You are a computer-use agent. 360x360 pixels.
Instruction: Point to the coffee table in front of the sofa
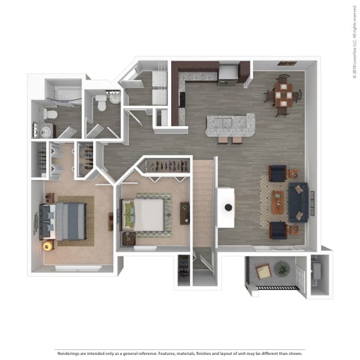(278, 201)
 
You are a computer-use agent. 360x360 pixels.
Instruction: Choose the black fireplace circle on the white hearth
(228, 207)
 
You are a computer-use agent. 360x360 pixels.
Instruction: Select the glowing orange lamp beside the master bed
(46, 246)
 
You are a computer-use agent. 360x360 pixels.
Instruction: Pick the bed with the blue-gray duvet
(64, 221)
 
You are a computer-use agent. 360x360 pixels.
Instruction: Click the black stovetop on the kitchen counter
(182, 99)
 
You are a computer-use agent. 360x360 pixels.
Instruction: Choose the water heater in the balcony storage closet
(316, 271)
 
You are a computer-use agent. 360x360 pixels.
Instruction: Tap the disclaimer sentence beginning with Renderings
(180, 352)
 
